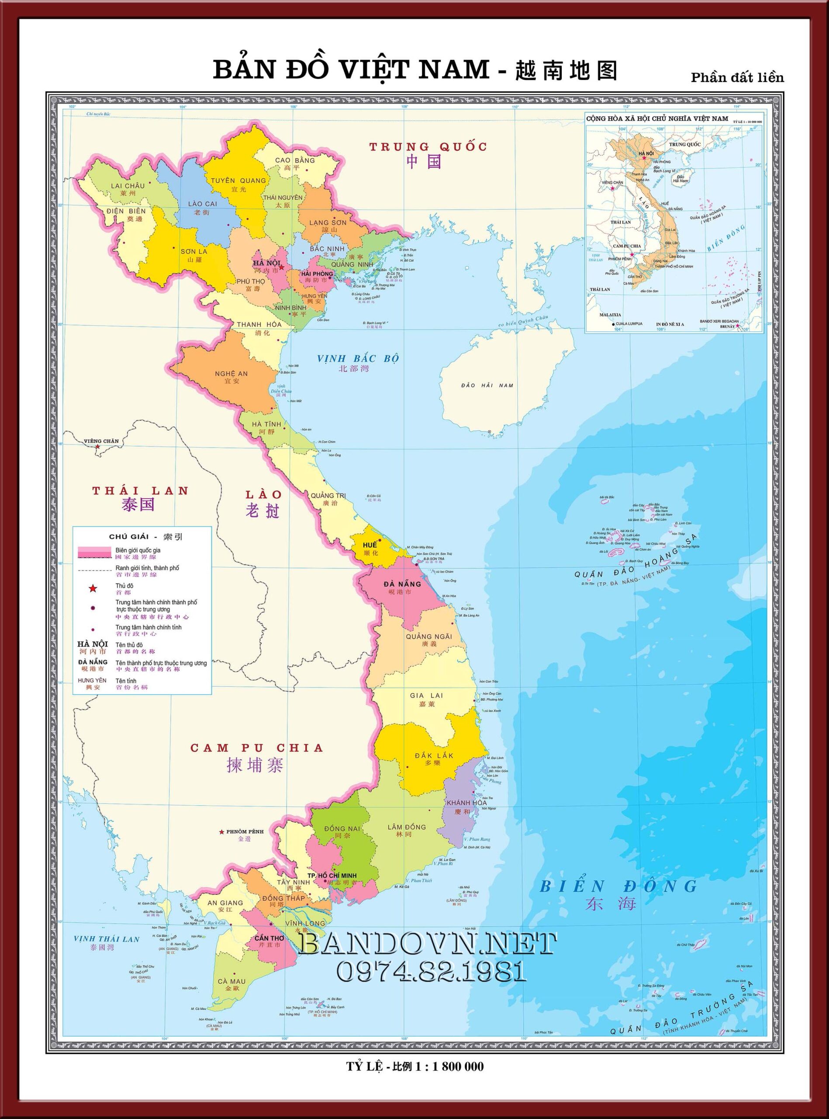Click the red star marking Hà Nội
point(282,267)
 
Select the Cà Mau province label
point(232,981)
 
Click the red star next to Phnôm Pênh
point(221,832)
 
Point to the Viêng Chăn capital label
point(101,441)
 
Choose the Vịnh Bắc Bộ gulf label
point(358,358)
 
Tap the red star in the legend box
point(93,588)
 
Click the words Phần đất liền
point(737,77)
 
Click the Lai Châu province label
point(128,186)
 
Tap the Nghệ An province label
point(231,374)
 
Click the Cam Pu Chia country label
point(256,748)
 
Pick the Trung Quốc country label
point(428,147)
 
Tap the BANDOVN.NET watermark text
point(427,945)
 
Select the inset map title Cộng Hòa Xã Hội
point(656,118)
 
